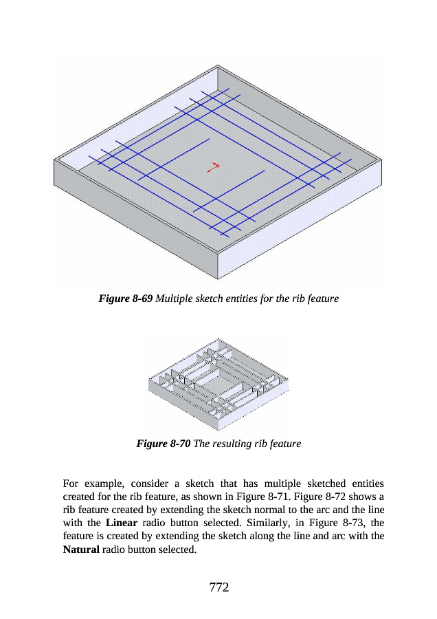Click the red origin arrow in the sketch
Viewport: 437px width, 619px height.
point(215,166)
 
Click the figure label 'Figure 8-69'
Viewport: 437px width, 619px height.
point(126,299)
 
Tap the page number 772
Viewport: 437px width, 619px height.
point(218,587)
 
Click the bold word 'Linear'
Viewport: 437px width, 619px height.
point(123,523)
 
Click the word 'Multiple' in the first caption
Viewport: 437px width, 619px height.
point(177,299)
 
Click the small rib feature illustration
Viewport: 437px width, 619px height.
point(218,382)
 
